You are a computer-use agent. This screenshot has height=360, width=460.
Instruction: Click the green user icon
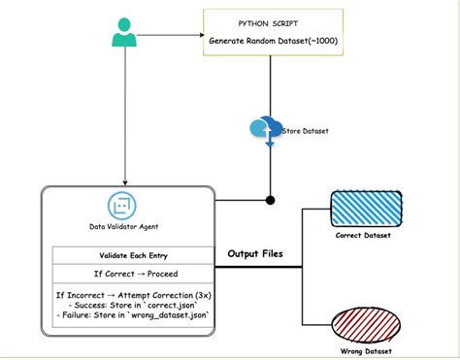point(123,35)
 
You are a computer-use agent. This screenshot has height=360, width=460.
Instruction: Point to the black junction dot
point(270,201)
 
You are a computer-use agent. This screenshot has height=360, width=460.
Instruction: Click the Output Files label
point(257,254)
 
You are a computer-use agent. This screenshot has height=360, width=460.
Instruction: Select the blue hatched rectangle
point(361,208)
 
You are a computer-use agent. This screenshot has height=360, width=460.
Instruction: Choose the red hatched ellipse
point(361,322)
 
